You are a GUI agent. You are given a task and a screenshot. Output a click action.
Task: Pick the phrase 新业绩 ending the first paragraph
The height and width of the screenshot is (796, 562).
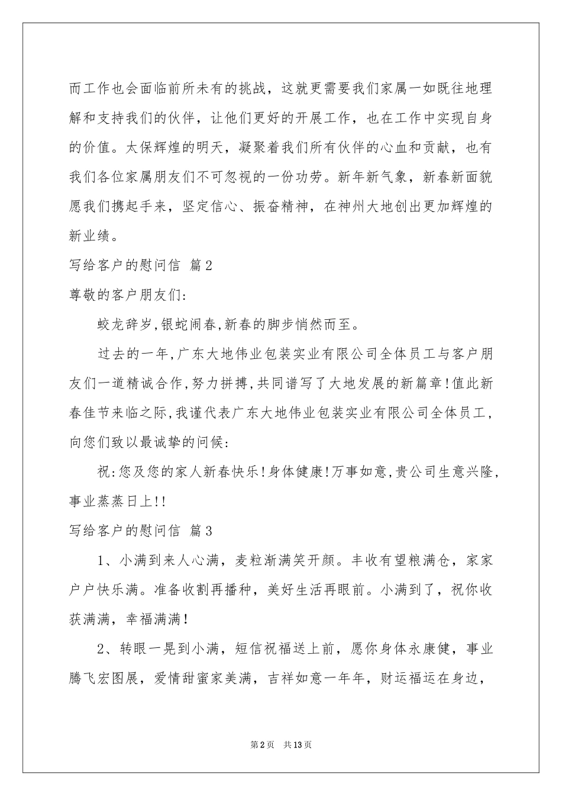[x=89, y=236]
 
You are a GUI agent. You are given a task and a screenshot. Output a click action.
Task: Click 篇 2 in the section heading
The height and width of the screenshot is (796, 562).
[x=201, y=266]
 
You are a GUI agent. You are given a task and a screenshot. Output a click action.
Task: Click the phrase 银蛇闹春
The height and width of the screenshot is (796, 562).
[x=189, y=324]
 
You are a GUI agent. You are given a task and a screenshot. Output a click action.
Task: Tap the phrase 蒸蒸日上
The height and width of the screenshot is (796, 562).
[x=125, y=501]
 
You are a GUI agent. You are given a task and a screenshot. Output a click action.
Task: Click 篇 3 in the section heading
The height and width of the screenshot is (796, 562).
[x=201, y=531]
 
